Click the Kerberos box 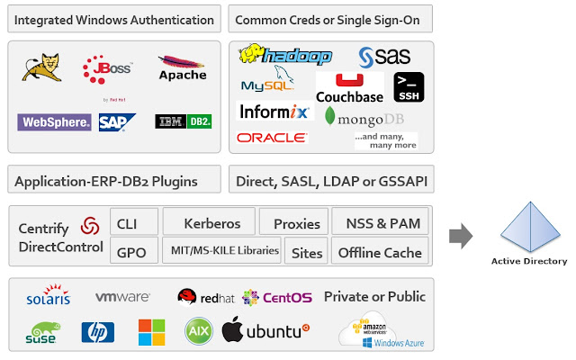[211, 222]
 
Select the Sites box [307, 252]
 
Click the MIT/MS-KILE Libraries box [225, 252]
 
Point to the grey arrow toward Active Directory [461, 237]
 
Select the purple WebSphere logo [54, 121]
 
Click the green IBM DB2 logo [183, 121]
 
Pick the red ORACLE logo [272, 138]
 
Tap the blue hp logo [98, 332]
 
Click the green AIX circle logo [198, 331]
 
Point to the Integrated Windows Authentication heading [114, 19]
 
